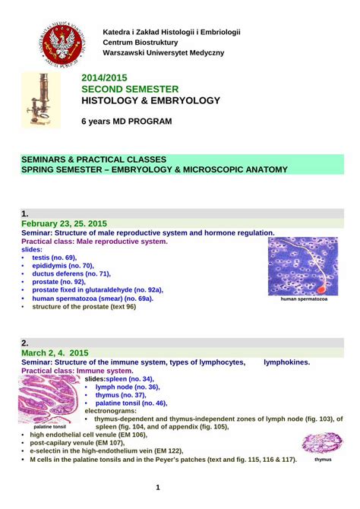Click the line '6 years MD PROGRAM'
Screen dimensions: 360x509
(126, 122)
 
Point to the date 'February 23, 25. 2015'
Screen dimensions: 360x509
(65, 223)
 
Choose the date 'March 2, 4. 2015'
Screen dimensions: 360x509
(55, 353)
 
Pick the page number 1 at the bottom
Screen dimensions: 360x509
(158, 487)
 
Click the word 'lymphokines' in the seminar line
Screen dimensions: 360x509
(286, 362)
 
